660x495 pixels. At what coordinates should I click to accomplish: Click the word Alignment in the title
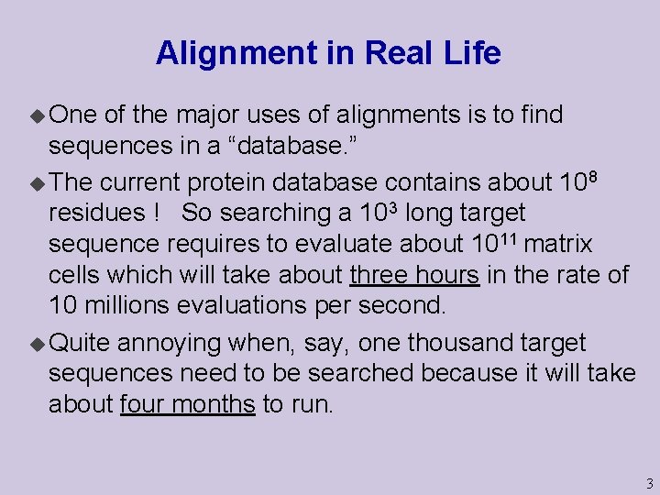pyautogui.click(x=224, y=53)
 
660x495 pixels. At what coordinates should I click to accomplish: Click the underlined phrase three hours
pyautogui.click(x=414, y=274)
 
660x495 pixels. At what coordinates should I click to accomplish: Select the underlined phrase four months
pyautogui.click(x=188, y=403)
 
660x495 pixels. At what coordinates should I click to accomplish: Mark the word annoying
pyautogui.click(x=170, y=344)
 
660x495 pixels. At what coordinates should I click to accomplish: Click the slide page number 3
pyautogui.click(x=649, y=483)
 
